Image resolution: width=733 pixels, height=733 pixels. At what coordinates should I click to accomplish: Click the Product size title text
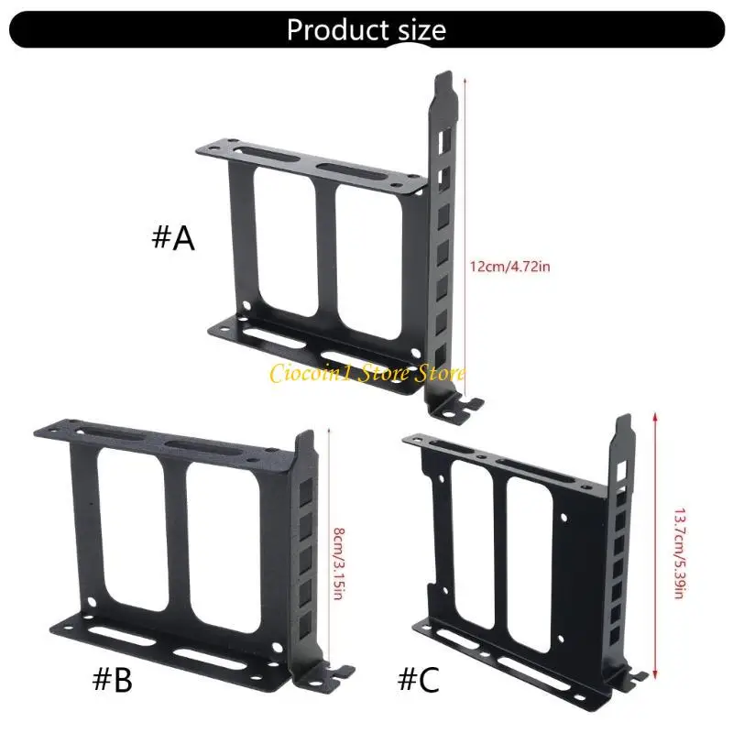pos(366,29)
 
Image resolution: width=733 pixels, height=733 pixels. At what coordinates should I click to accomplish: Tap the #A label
pos(172,238)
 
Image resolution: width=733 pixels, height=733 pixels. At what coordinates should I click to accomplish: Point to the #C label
pos(420,680)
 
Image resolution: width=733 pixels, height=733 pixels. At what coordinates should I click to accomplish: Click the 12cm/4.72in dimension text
pos(509,267)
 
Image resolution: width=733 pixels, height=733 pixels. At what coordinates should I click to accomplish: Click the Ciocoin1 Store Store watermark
pos(366,372)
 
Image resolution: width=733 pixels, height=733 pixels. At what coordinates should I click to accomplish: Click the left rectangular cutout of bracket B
pos(128,527)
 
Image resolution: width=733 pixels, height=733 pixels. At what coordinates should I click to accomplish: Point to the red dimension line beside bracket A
pos(466,238)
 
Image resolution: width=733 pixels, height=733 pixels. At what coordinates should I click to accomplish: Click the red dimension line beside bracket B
pos(327,550)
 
